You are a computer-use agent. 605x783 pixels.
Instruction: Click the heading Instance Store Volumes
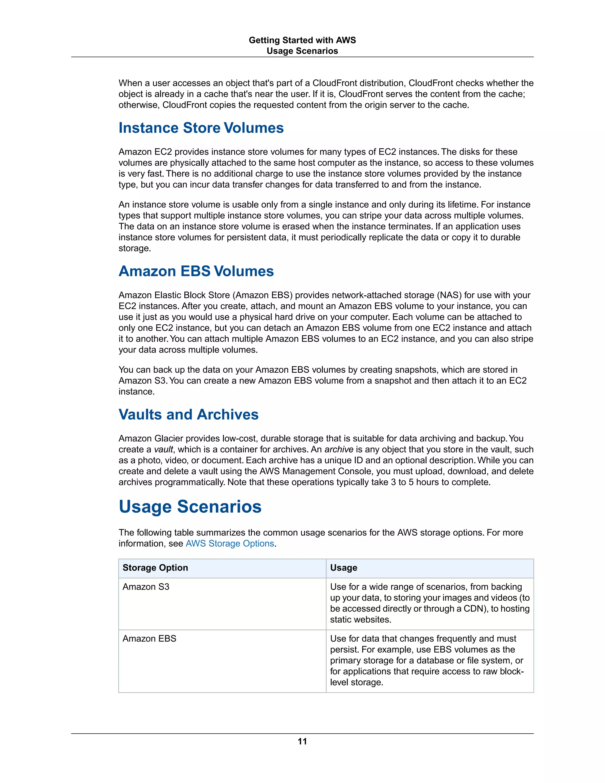tap(201, 128)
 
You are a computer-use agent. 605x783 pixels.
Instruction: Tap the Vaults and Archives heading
tap(188, 415)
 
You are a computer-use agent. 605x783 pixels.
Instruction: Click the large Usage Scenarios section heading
tap(190, 506)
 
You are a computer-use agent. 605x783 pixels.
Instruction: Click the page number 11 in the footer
tap(302, 741)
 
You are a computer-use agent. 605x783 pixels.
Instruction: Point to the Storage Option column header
tap(155, 568)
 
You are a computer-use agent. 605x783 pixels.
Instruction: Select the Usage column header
tap(343, 568)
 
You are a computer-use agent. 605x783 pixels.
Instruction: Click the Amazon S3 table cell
tap(146, 587)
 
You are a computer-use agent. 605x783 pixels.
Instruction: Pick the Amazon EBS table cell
tap(149, 639)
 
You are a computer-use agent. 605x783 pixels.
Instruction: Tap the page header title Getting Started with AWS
tap(302, 40)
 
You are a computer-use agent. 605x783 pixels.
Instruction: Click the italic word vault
tap(163, 450)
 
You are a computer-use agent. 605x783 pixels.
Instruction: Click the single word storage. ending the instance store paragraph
tap(135, 248)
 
